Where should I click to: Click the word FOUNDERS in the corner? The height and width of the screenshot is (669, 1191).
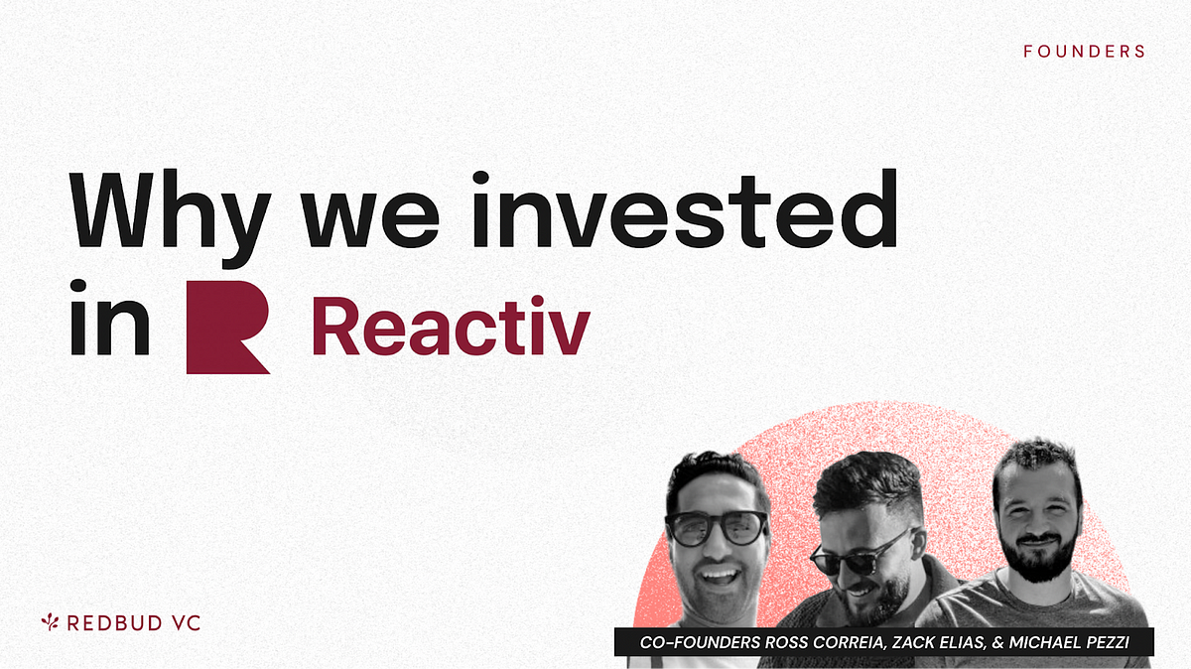click(1084, 52)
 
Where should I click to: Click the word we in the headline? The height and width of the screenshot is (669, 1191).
click(370, 219)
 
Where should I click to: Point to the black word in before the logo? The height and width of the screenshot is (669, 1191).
click(110, 317)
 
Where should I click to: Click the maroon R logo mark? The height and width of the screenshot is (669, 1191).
click(228, 327)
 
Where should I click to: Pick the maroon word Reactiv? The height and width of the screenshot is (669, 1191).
click(451, 326)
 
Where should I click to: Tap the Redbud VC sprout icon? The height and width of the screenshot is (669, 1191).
click(50, 622)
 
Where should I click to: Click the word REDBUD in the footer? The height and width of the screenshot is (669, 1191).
click(115, 623)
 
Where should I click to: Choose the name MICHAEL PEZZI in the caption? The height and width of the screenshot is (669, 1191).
click(1069, 642)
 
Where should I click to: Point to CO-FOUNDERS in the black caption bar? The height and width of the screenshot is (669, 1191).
click(700, 642)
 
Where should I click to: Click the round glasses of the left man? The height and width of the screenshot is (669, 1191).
click(717, 527)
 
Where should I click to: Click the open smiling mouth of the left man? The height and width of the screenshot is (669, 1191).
click(719, 577)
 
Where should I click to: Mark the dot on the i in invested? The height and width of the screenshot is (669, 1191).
click(480, 178)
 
